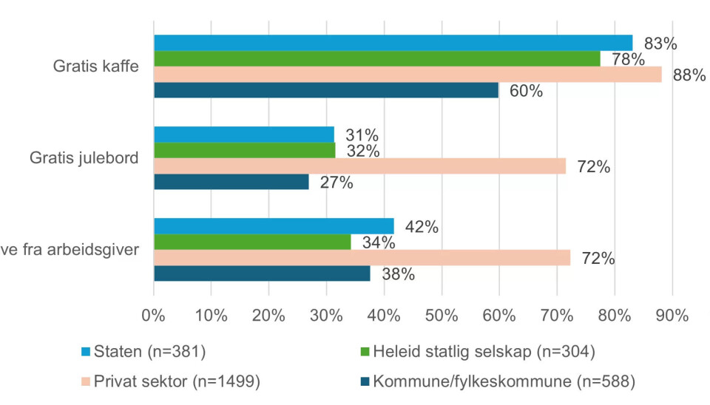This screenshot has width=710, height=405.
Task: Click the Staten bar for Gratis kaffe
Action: click(x=393, y=42)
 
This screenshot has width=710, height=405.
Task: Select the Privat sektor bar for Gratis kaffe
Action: click(x=408, y=75)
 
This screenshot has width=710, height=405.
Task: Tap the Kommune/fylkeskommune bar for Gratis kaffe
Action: click(x=326, y=91)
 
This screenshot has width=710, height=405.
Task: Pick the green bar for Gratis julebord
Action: click(x=244, y=150)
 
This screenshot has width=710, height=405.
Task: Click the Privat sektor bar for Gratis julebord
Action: click(x=359, y=166)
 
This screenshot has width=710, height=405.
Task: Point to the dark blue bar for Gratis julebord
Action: click(x=231, y=182)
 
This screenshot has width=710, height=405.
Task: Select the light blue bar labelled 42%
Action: click(x=274, y=226)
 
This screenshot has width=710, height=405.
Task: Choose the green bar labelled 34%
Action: click(x=252, y=242)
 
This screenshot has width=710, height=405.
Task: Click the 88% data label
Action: click(x=689, y=75)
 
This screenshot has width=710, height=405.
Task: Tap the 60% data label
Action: click(x=526, y=92)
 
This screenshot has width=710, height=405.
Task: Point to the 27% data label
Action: click(x=336, y=183)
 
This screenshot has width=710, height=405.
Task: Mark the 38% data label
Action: click(x=397, y=274)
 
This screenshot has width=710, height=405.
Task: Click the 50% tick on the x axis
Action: click(x=442, y=315)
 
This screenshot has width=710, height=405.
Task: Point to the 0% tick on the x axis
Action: click(x=153, y=315)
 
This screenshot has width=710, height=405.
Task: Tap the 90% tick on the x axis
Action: click(x=672, y=315)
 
